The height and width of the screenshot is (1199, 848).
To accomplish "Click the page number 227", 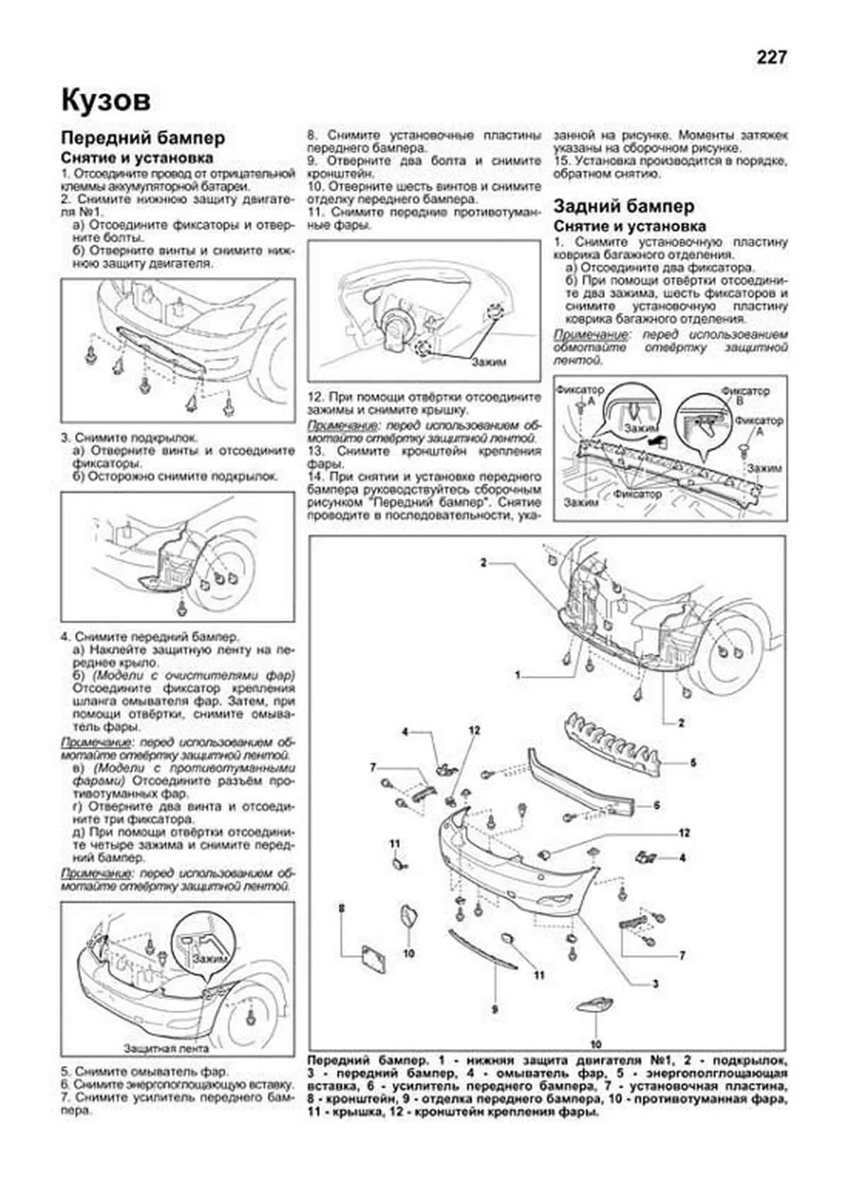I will (x=771, y=58).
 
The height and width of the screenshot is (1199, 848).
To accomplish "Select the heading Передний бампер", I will (x=143, y=137).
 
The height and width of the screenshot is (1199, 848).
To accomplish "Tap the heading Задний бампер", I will (x=623, y=206).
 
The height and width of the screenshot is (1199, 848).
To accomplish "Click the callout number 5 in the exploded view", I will (x=693, y=762).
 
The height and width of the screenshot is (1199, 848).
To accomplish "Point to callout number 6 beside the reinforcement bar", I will (x=656, y=805).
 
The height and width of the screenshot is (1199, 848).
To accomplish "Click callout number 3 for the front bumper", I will (x=656, y=984).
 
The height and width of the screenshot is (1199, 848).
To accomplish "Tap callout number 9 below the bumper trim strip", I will (x=494, y=1009).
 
